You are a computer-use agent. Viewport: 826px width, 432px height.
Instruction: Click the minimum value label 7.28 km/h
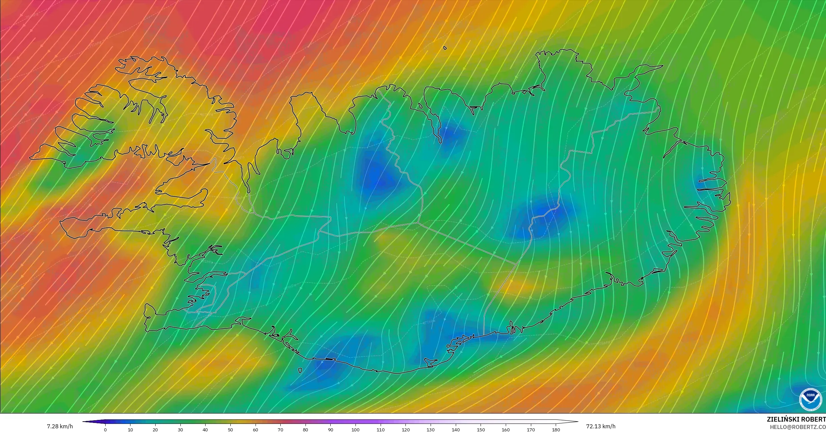click(x=60, y=426)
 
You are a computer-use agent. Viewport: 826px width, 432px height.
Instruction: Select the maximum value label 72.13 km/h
click(x=601, y=426)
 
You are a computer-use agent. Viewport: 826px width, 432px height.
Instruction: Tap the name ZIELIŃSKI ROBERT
click(x=796, y=419)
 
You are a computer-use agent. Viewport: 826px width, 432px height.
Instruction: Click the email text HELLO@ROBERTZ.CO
click(x=797, y=427)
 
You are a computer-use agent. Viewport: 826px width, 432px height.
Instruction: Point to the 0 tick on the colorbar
click(x=105, y=430)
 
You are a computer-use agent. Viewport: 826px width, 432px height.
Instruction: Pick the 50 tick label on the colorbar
click(x=230, y=430)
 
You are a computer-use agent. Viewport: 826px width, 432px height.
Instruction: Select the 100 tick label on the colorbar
click(x=355, y=430)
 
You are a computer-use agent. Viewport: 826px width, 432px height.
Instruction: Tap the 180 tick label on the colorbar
click(x=556, y=430)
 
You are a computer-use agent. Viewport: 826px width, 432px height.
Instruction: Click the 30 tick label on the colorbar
click(x=180, y=430)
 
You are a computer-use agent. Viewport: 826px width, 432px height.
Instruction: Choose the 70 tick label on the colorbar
click(x=280, y=430)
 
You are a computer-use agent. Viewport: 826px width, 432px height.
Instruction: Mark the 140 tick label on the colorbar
click(x=455, y=430)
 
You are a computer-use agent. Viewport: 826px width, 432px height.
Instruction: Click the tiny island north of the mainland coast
click(x=445, y=48)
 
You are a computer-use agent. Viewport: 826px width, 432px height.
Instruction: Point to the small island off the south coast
click(x=299, y=371)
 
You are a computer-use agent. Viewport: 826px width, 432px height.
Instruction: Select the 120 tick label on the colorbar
click(x=405, y=430)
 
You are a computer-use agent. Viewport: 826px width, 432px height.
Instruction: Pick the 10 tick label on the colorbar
click(x=130, y=430)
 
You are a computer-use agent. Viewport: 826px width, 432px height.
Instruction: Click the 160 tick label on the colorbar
click(x=506, y=430)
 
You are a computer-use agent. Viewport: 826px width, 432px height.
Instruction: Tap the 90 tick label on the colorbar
click(x=331, y=430)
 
